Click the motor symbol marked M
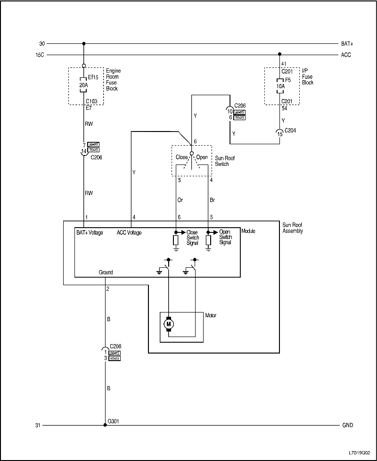click(168, 324)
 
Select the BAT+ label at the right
click(347, 44)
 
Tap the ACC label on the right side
click(346, 55)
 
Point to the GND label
click(347, 425)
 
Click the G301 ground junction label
click(114, 421)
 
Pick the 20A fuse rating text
click(83, 85)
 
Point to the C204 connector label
click(291, 131)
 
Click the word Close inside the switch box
click(182, 157)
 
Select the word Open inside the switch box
click(202, 157)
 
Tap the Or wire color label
click(180, 200)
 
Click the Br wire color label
click(212, 200)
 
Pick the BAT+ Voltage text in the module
click(90, 232)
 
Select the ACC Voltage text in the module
click(129, 232)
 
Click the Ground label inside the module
click(106, 272)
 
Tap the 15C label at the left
click(40, 55)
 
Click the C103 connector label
click(92, 101)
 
